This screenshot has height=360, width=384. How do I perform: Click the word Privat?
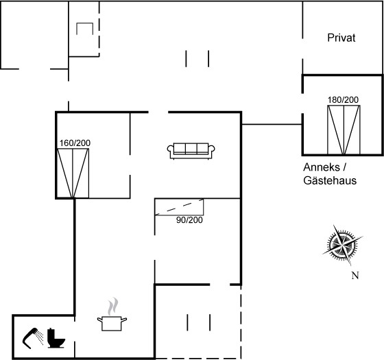341,38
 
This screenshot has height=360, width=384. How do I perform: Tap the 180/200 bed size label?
343,100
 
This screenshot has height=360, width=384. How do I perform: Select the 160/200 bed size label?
75,143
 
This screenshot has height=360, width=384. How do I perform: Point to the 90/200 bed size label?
189,220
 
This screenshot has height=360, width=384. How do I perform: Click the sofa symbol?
191,151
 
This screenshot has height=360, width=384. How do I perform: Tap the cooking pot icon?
112,323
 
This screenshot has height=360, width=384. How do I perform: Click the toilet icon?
56,338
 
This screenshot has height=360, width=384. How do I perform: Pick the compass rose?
342,245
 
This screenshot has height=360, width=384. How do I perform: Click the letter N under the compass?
355,276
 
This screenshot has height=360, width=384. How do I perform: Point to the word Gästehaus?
330,181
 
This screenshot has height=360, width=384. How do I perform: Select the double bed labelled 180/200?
344,130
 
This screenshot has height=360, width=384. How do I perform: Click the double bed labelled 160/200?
73,173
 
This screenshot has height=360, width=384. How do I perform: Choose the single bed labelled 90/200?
179,207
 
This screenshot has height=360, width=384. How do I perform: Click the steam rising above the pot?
112,307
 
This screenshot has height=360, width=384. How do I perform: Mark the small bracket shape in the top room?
85,23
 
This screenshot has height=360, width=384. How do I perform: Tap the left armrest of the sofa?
170,149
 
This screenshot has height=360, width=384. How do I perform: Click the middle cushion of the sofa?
191,149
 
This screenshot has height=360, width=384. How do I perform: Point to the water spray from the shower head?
40,337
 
